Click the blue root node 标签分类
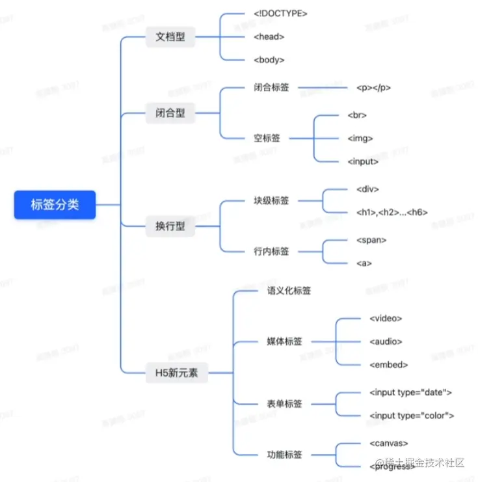pyautogui.click(x=55, y=205)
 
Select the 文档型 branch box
pyautogui.click(x=170, y=37)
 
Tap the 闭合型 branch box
pyautogui.click(x=170, y=113)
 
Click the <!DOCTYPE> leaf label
pyautogui.click(x=280, y=14)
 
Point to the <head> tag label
pyautogui.click(x=269, y=37)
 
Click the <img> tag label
pyautogui.click(x=360, y=138)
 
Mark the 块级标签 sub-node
pyautogui.click(x=271, y=200)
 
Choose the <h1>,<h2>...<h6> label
pyautogui.click(x=392, y=212)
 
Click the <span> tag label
pyautogui.click(x=371, y=240)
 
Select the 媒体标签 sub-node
pyautogui.click(x=284, y=341)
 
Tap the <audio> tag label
pyautogui.click(x=386, y=341)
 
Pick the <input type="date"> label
pyautogui.click(x=410, y=392)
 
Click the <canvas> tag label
pyautogui.click(x=388, y=443)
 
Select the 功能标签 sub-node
pyautogui.click(x=284, y=455)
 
